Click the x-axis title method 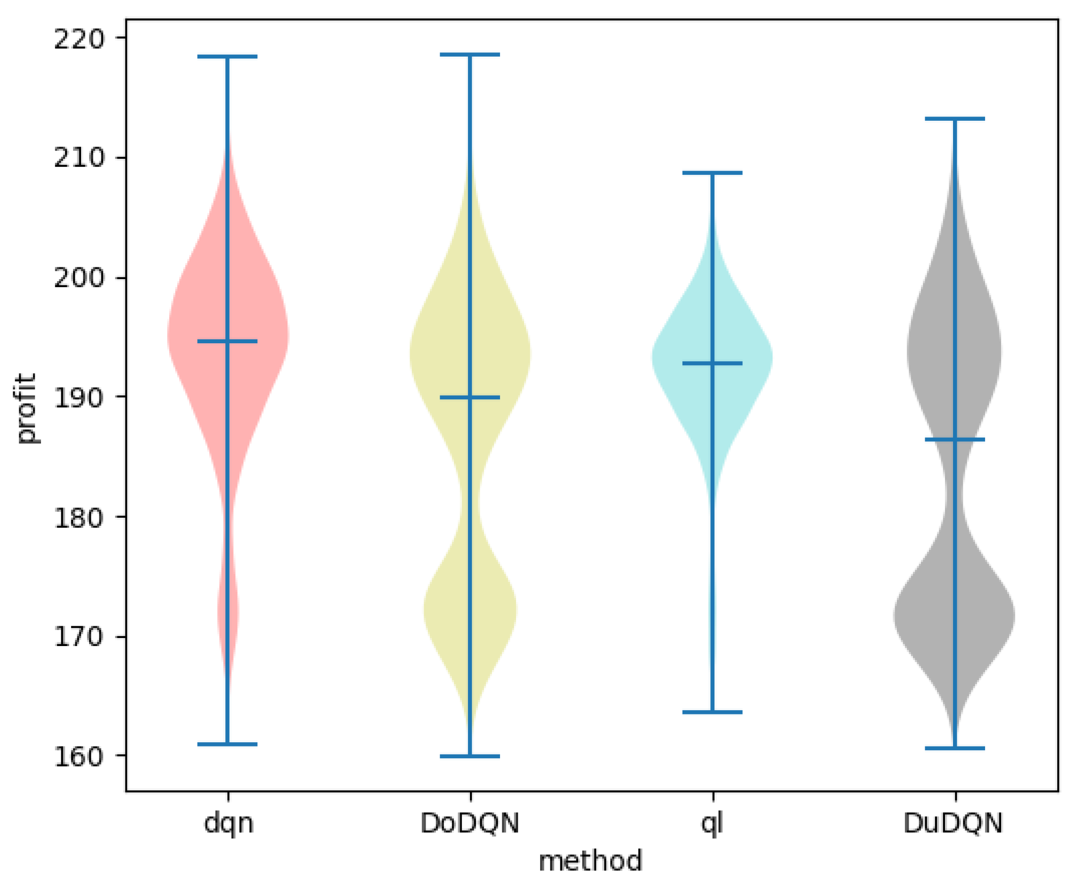tap(591, 862)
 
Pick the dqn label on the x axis tap(228, 824)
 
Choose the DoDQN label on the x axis tap(470, 824)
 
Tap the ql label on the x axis tap(712, 824)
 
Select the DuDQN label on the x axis tap(953, 824)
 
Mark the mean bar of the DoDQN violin tap(470, 398)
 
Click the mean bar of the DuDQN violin tap(954, 439)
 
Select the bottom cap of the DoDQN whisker tap(470, 756)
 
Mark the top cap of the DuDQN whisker tap(954, 119)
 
